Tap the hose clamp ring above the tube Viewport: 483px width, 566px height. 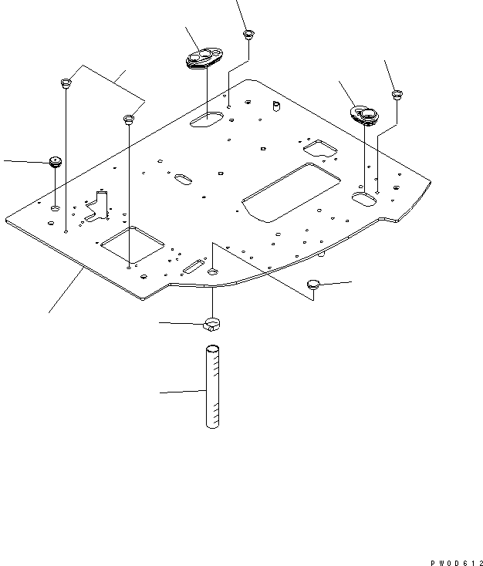click(x=213, y=322)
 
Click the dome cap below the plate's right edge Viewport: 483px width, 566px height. click(x=314, y=285)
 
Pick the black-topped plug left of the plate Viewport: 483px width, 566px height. click(x=55, y=162)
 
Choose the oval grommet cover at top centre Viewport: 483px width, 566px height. click(x=203, y=59)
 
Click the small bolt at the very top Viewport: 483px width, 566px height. click(x=248, y=35)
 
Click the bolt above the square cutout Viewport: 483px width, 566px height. click(x=129, y=120)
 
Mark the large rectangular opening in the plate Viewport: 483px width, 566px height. click(x=291, y=191)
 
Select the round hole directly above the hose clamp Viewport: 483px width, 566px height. click(x=213, y=271)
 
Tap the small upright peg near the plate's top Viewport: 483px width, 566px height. click(x=274, y=105)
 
